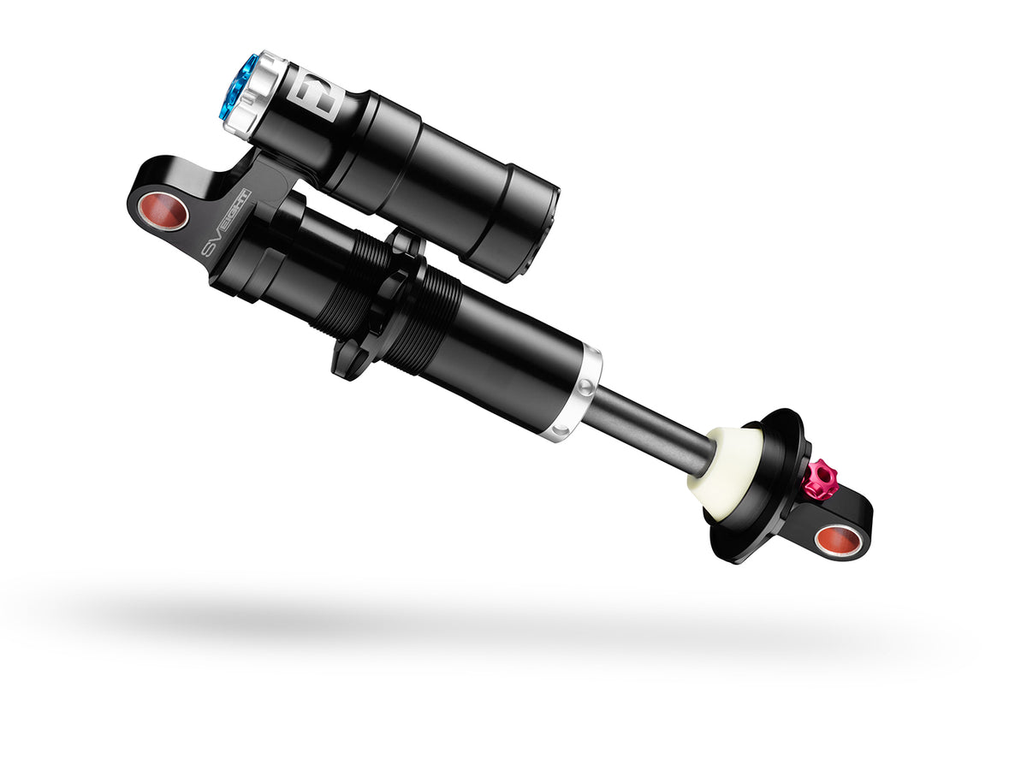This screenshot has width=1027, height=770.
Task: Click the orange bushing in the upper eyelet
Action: click(163, 211)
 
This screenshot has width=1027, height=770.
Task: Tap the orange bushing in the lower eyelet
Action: click(834, 539)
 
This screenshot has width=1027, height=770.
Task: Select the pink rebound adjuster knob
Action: click(819, 480)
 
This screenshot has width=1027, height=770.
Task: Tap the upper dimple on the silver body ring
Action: click(585, 388)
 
